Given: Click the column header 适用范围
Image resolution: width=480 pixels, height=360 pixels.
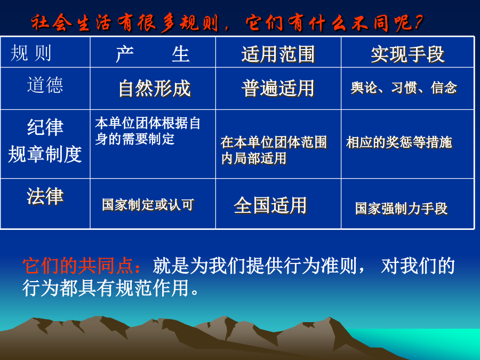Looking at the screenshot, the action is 278,54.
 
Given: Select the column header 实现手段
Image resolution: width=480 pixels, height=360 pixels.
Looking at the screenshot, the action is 408,54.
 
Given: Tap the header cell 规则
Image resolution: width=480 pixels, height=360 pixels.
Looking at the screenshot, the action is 30,53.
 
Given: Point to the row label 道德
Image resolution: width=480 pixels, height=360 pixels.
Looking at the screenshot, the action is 45,85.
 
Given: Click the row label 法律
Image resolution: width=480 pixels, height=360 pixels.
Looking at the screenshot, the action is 45,196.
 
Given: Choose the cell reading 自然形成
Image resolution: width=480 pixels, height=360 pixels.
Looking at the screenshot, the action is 155,89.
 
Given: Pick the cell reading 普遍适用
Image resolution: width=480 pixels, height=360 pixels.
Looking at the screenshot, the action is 278,88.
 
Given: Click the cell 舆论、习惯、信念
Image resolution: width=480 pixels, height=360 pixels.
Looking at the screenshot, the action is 404,88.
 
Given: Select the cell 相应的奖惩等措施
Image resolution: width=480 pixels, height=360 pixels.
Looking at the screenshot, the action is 399,142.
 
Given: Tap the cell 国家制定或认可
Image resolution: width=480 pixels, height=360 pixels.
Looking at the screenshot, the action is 148,204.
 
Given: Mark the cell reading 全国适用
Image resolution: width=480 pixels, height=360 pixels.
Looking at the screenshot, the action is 270,205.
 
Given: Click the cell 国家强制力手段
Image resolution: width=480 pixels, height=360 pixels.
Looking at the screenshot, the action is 401,209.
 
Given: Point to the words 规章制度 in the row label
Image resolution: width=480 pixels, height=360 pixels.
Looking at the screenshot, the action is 45,154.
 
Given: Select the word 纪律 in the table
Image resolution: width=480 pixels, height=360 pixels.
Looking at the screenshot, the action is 45,127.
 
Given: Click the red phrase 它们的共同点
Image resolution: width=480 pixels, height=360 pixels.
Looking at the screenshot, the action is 78,266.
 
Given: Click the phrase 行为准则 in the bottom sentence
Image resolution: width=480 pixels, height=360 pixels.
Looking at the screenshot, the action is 320,266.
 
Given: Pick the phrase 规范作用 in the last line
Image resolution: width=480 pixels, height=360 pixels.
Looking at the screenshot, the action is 152,288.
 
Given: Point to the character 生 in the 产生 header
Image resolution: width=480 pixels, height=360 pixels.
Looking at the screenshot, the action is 181,54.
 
